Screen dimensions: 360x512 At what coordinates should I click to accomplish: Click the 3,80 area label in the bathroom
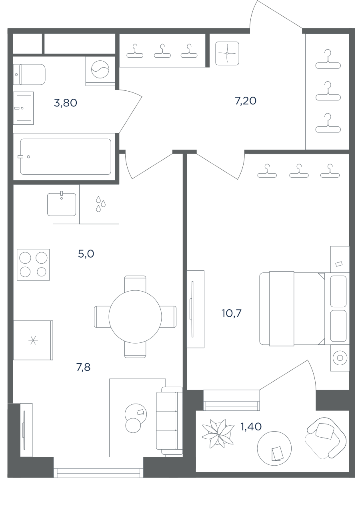coord(65,103)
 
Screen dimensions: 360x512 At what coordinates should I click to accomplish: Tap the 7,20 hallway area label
coord(246,101)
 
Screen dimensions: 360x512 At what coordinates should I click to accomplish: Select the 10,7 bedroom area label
coord(231,313)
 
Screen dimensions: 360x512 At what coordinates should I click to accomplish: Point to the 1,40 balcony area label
coord(251,426)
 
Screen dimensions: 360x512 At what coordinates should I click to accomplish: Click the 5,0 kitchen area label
coord(86,254)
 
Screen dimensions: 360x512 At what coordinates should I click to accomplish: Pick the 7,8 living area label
coord(83,367)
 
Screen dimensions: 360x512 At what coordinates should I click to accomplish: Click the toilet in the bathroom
coord(29,74)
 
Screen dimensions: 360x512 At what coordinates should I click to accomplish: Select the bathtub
coord(66,157)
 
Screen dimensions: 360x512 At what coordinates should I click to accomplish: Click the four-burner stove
coord(33,265)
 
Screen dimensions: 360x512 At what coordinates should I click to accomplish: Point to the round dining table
coord(135,317)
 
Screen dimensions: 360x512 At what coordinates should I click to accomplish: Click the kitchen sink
coord(62,204)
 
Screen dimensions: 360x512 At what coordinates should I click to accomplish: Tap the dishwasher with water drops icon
coord(99,204)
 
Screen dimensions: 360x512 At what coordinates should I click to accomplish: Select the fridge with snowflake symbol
coord(33,340)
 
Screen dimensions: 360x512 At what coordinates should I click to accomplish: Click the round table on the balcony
coord(274,448)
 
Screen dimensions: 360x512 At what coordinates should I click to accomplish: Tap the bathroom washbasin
coord(23,108)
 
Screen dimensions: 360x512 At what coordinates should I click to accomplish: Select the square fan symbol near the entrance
coord(227,53)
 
